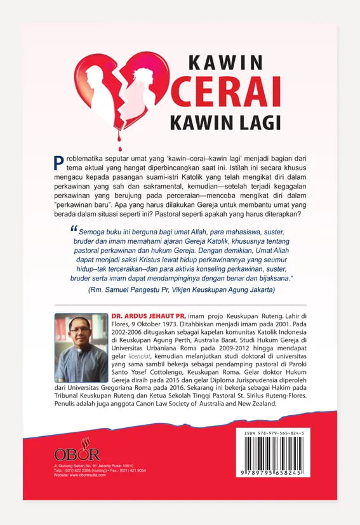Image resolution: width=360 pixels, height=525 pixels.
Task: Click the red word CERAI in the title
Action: pos(226,93)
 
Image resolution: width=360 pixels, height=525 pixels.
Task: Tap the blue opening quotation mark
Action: pos(72,232)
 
